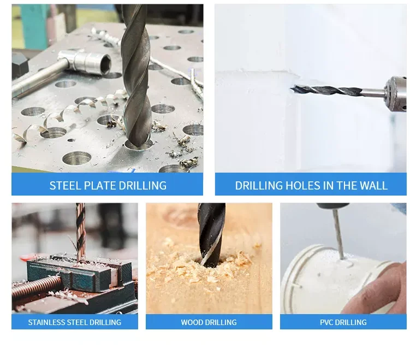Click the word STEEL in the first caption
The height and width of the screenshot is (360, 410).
pos(64,185)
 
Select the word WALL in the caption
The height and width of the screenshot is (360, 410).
pos(373,185)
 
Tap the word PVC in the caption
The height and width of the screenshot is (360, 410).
pos(329,322)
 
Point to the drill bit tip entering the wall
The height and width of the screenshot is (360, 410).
pos(295,87)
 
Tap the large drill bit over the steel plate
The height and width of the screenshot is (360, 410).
pos(136,76)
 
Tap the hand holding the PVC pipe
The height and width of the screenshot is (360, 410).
pos(385,287)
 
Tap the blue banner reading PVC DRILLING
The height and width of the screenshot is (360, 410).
pos(343,322)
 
